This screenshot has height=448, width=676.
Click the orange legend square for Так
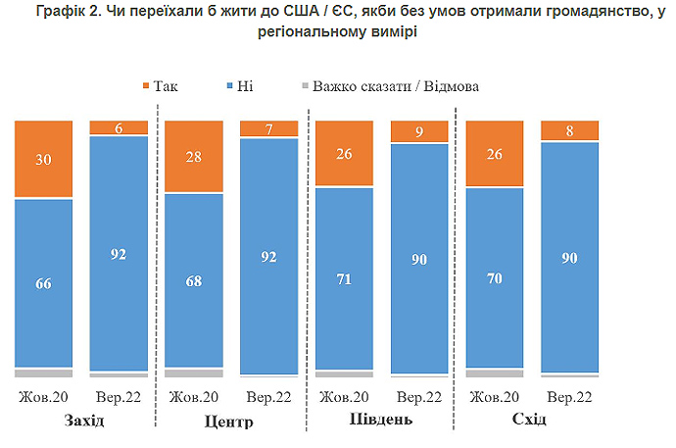click(x=147, y=86)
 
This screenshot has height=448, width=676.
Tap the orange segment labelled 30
click(x=43, y=159)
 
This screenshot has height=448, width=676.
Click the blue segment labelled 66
click(x=43, y=283)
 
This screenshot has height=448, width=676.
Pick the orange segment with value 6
click(x=119, y=127)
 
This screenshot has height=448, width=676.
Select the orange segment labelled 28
click(x=194, y=157)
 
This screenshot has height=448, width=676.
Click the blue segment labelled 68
click(x=194, y=281)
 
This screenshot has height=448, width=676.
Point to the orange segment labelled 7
click(x=269, y=128)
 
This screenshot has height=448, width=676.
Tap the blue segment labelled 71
click(x=345, y=278)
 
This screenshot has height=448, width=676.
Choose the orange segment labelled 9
click(x=420, y=131)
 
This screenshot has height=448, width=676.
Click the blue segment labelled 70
click(x=496, y=277)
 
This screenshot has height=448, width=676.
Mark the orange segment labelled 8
click(x=571, y=130)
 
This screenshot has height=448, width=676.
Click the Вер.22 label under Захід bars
click(x=120, y=398)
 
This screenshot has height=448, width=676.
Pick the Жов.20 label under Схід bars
click(x=496, y=398)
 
